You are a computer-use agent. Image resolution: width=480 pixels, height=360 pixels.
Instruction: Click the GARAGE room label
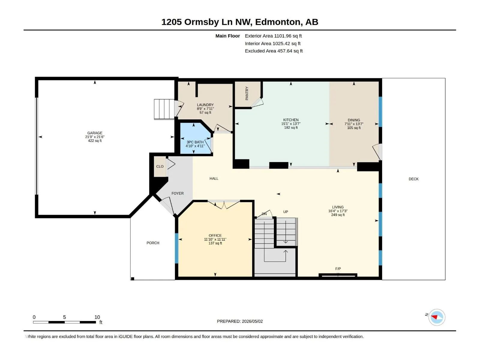[95, 133]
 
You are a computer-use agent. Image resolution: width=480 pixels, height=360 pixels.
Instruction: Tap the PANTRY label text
[247, 93]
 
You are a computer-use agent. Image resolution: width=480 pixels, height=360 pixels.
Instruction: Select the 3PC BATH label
[195, 142]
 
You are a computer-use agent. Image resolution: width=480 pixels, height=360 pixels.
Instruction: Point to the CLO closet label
[160, 166]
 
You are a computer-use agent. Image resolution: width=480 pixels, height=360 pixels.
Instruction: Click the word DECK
[413, 179]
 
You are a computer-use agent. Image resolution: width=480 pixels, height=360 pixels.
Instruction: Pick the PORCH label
[153, 243]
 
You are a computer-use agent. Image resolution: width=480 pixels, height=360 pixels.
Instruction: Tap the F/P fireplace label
[338, 268]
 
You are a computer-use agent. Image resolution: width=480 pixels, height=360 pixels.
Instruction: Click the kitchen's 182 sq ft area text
[291, 128]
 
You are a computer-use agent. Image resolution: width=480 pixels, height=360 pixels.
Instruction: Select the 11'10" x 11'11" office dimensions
[215, 239]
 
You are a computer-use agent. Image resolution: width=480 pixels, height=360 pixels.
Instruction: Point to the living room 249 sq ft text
[338, 215]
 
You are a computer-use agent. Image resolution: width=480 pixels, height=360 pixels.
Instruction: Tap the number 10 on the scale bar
[97, 317]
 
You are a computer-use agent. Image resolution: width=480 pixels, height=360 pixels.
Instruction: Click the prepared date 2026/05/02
[252, 321]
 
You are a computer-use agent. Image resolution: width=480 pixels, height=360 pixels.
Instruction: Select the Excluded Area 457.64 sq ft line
[274, 51]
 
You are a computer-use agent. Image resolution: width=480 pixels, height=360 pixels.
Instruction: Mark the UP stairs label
[286, 212]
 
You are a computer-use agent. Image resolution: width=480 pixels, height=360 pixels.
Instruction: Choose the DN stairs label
[264, 214]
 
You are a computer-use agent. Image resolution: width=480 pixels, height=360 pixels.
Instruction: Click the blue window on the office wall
[177, 248]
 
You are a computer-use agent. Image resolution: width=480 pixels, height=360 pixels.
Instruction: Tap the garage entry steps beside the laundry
[164, 109]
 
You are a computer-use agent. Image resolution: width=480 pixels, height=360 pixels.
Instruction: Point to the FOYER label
[177, 193]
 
